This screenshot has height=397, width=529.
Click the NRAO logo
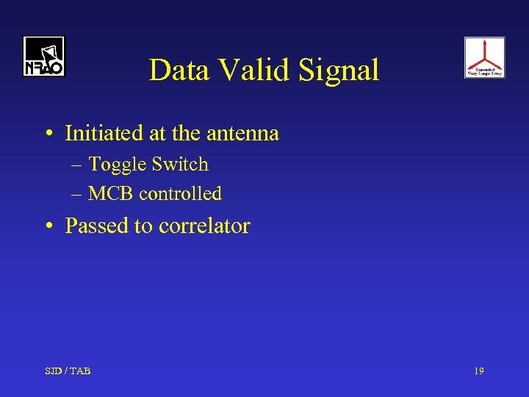click(43, 57)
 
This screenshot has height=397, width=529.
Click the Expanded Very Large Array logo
click(484, 57)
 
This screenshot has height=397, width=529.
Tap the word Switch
click(180, 164)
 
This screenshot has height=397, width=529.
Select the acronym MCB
click(111, 193)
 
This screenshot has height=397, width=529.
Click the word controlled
click(180, 193)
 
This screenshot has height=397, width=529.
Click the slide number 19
click(478, 371)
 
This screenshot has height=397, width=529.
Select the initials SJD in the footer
click(53, 371)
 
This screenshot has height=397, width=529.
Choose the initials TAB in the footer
click(80, 371)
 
